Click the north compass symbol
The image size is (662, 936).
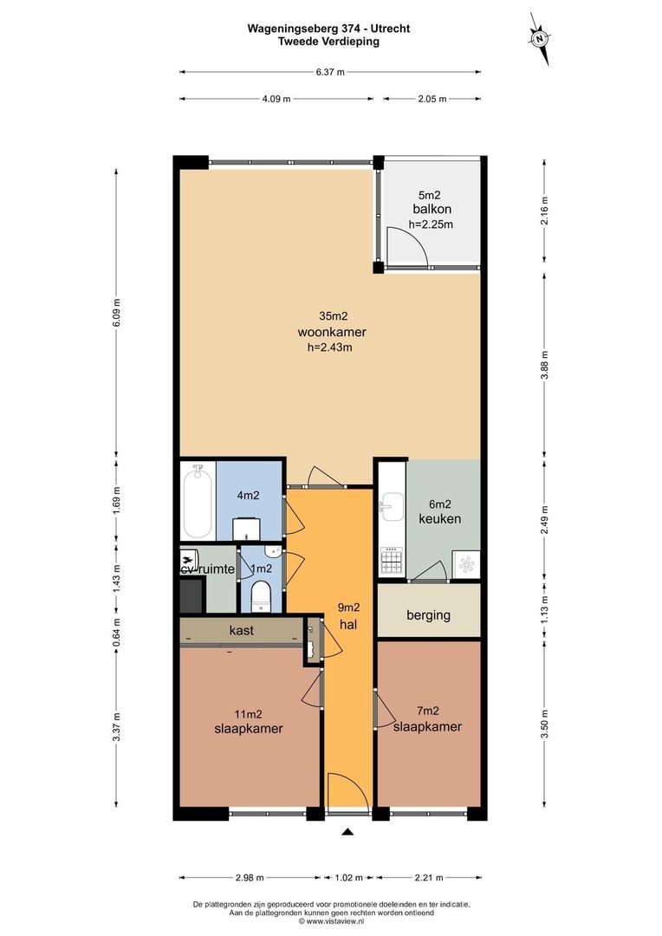(x=539, y=39)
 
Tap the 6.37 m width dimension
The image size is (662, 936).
(x=330, y=72)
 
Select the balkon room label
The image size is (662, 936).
(x=432, y=209)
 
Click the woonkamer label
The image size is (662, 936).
(x=332, y=332)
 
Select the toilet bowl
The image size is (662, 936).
(x=261, y=595)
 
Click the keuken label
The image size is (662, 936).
(x=440, y=518)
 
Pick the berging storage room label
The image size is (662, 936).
(x=428, y=614)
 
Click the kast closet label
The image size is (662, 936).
(x=242, y=630)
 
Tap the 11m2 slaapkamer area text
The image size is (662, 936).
(x=249, y=714)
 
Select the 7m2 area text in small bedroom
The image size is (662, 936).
(x=428, y=711)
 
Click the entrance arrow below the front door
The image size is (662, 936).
(x=348, y=831)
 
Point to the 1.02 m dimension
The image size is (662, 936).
(x=348, y=877)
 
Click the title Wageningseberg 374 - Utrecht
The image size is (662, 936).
(x=329, y=28)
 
